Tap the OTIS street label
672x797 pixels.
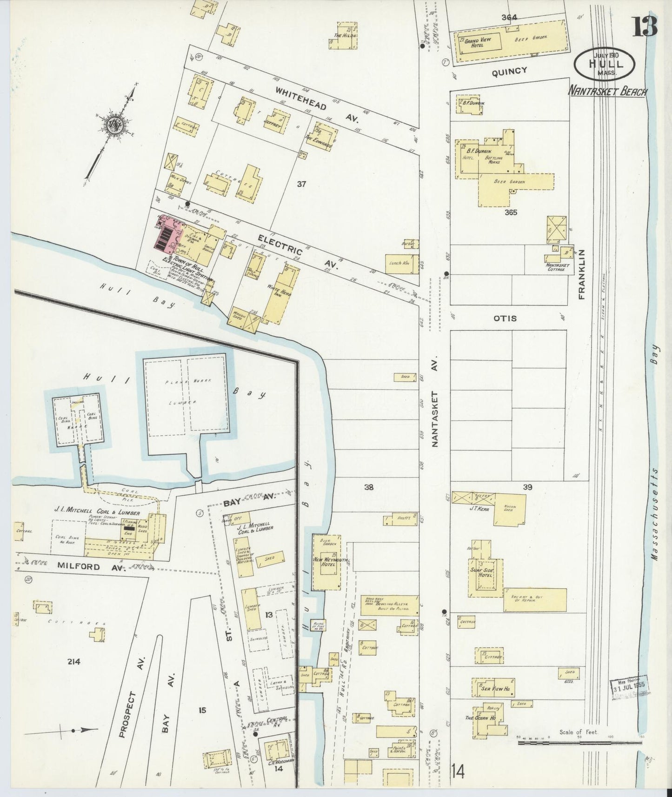[x=506, y=319]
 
